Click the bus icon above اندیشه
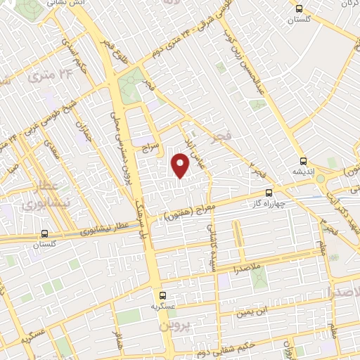[302, 161]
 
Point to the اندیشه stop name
[302, 171]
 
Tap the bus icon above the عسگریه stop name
[163, 295]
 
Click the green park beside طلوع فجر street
[130, 88]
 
